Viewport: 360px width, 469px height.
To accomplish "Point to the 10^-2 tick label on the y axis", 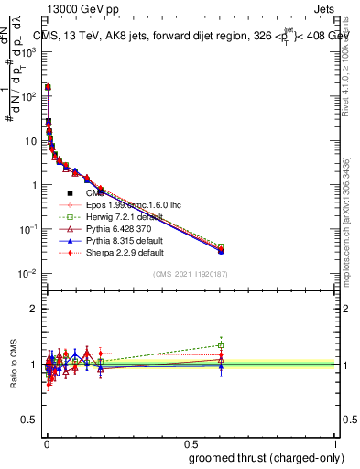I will point(30,274).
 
